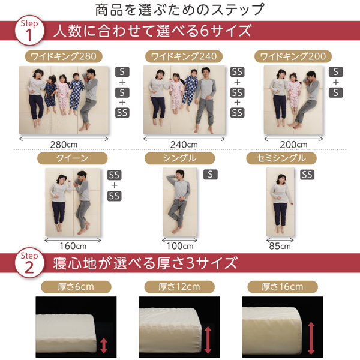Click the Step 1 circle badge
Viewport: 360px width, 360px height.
point(29,30)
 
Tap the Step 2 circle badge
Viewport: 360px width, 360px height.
point(29,262)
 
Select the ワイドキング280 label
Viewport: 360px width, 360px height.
point(64,56)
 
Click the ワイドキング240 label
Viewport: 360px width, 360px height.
point(184,56)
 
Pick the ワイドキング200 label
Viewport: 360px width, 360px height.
point(293,56)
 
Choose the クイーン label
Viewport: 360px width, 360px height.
point(73,158)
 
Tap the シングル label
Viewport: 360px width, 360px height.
point(180,158)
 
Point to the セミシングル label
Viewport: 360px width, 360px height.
point(281,158)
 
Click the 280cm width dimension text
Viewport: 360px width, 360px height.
point(64,145)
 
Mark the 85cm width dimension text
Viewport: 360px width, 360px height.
point(280,246)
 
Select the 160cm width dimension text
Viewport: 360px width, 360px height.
point(73,246)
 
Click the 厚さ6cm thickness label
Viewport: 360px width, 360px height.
point(76,287)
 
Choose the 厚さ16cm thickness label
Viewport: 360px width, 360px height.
point(283,287)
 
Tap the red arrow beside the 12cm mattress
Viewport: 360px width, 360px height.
point(208,340)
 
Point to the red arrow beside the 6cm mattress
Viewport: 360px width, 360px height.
point(104,346)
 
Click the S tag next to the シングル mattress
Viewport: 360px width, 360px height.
point(211,175)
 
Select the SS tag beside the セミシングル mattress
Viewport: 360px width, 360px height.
point(307,175)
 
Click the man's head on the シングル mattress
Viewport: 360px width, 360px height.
point(180,175)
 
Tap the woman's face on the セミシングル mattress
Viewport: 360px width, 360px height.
point(281,179)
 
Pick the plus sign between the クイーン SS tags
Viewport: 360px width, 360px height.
point(115,185)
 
